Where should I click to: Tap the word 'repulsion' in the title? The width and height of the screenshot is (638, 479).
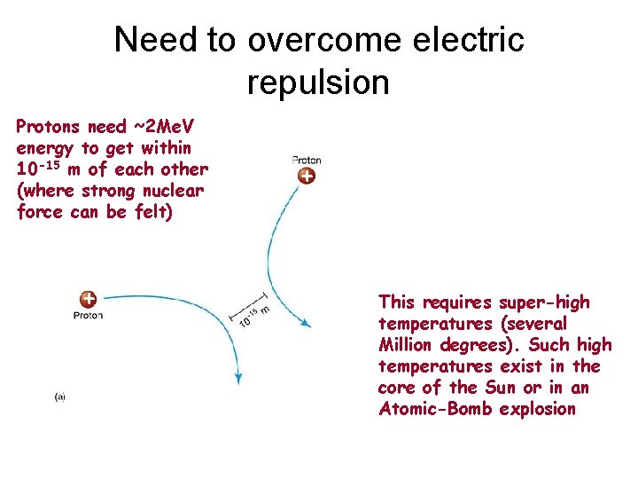[318, 82]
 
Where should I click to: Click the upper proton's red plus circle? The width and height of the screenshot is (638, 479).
[306, 177]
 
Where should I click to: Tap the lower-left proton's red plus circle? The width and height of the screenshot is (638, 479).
[89, 300]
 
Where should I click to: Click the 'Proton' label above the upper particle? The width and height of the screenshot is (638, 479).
[306, 161]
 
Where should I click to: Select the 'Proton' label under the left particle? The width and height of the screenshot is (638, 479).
[88, 315]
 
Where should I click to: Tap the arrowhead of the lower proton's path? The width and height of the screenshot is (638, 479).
[237, 379]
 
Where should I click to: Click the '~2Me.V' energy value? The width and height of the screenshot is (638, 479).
[169, 126]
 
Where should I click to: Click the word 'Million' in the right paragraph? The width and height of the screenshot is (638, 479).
[409, 345]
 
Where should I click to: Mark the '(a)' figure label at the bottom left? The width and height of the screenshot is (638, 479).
[59, 397]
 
